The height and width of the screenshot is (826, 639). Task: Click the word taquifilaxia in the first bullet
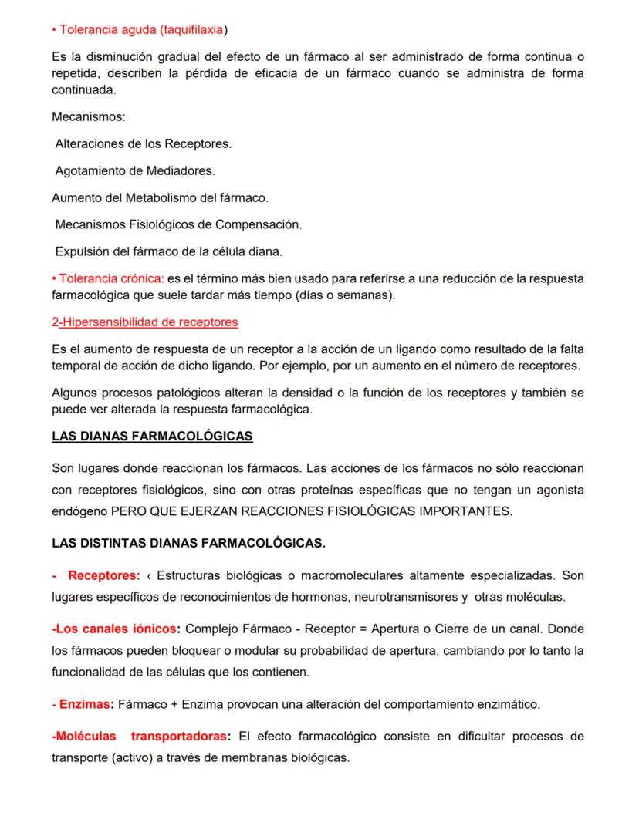(x=191, y=29)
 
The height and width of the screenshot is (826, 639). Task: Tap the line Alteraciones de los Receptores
(x=144, y=143)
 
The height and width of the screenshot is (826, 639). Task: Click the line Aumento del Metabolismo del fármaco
(x=160, y=197)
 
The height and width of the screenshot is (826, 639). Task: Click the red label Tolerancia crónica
(x=110, y=278)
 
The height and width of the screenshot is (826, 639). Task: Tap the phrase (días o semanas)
(x=351, y=295)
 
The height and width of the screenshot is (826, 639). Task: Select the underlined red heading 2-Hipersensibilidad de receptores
(x=144, y=322)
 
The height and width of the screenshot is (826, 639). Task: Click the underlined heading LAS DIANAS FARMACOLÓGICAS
(x=152, y=437)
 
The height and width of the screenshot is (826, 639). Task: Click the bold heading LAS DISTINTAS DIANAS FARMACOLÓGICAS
(x=188, y=543)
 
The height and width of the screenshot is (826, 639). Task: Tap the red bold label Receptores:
(x=104, y=575)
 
